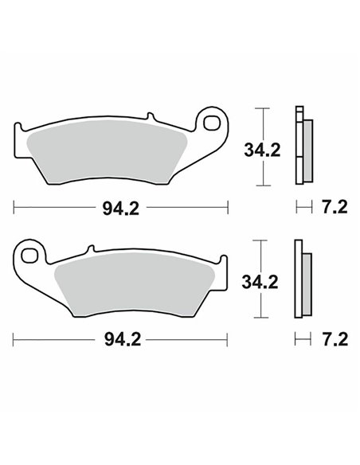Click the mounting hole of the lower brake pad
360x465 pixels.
pyautogui.click(x=31, y=257)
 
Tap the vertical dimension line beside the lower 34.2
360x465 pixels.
pyautogui.click(x=256, y=255)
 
